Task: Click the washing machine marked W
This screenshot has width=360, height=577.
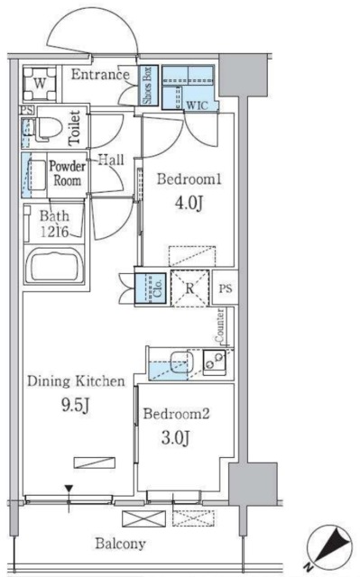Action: pos(40,84)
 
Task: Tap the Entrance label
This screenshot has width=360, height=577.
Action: pos(100,75)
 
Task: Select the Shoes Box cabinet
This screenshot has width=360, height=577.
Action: pos(148,86)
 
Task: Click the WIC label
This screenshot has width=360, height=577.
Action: pos(197,105)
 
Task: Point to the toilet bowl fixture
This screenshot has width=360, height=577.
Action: pos(48,129)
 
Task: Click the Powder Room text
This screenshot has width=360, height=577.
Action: pos(67,173)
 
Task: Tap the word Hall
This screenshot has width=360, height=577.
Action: pos(111,160)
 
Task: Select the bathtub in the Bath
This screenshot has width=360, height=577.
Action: pos(54,265)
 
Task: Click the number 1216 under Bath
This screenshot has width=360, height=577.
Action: pos(54,232)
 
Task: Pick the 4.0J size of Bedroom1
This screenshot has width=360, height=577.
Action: pos(189,204)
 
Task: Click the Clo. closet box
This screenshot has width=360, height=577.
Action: pos(150,288)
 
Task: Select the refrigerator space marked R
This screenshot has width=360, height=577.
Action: pos(190,288)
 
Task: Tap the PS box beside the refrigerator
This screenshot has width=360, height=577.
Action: pos(226,288)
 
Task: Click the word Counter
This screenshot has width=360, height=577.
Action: pos(220,325)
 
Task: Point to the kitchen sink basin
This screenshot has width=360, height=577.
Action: pos(181,362)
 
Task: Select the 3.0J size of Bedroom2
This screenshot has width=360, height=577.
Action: pos(176,438)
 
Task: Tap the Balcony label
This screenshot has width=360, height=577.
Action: pos(120,544)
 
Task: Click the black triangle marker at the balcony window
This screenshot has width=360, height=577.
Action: pos(69,490)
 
